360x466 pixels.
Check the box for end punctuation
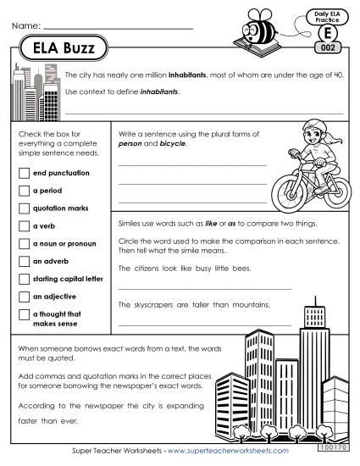[23, 174]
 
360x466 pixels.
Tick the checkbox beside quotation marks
[23, 208]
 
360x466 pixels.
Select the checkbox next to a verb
[23, 226]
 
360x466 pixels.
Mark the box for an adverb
[23, 262]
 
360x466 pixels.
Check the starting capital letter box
[23, 279]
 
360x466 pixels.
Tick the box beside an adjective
[23, 297]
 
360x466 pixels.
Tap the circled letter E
[326, 34]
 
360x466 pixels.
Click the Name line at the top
[119, 28]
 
